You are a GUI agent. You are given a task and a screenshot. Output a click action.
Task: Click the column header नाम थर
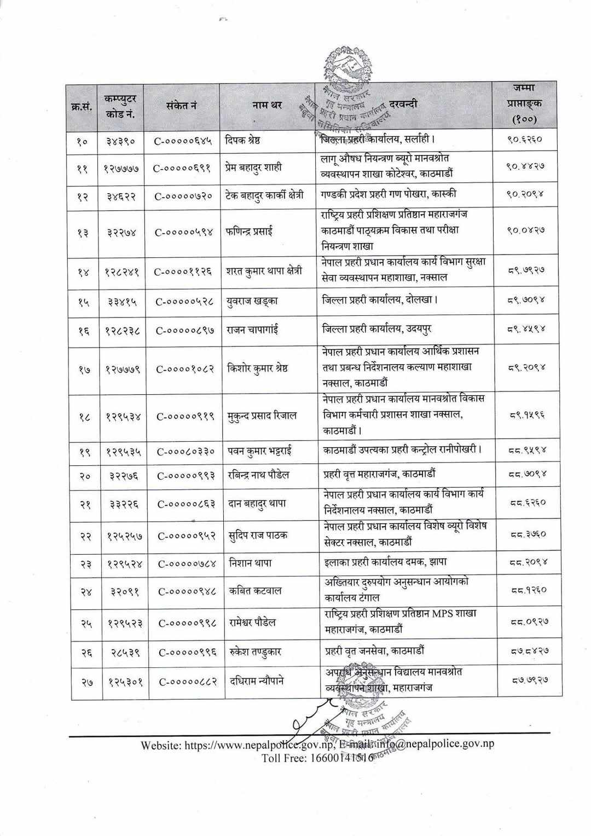click(268, 105)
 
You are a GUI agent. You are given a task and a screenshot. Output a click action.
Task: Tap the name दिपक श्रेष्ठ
click(243, 140)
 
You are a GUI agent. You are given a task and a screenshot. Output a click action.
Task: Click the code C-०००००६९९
click(183, 168)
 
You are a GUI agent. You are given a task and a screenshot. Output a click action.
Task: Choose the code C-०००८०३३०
click(186, 452)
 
